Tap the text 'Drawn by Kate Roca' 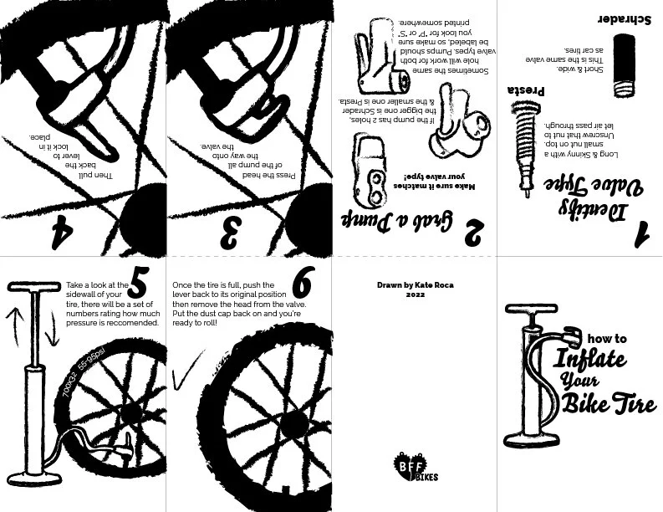click(x=415, y=284)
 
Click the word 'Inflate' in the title click(x=589, y=359)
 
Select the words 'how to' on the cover click(x=607, y=339)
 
